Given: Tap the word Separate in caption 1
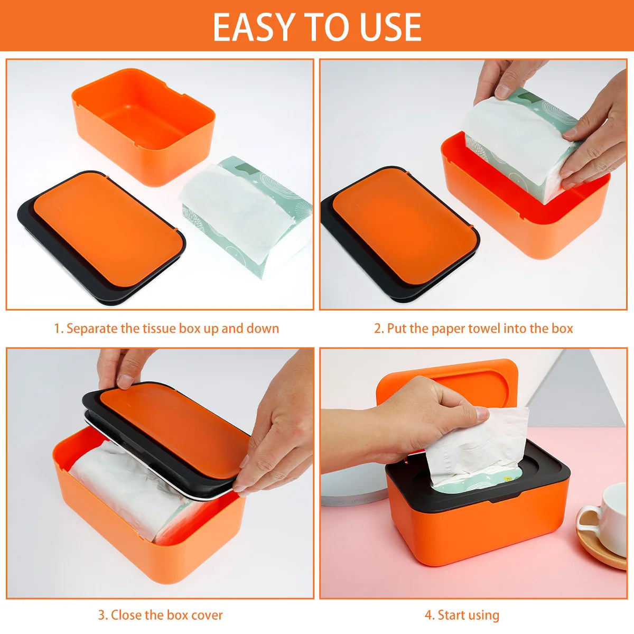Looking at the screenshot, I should point(92,329).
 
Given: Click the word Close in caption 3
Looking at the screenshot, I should point(126,615).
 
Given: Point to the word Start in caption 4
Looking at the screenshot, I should point(451,615).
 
